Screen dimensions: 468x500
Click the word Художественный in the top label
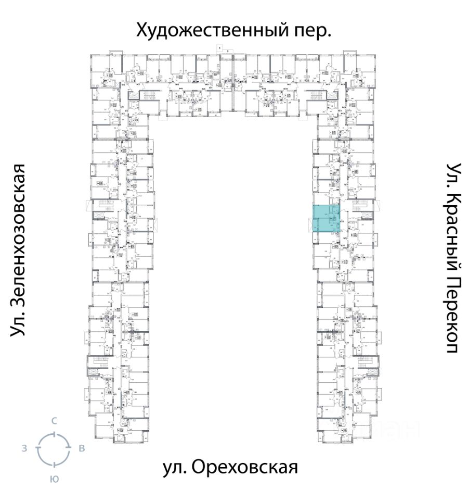208,30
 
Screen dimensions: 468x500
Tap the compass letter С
54,420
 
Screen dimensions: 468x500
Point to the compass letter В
81,448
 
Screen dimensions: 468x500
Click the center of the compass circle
53,448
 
